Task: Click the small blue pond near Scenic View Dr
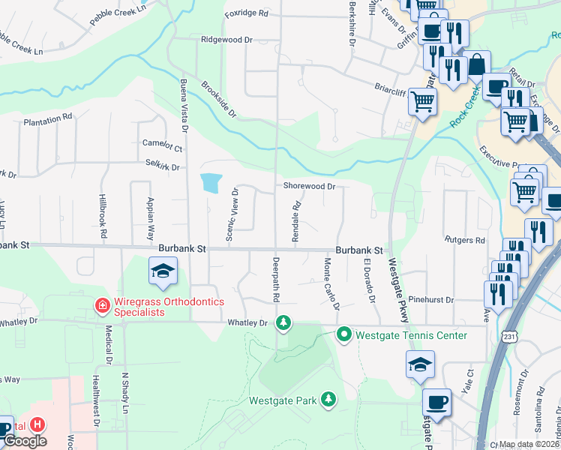pos(211,182)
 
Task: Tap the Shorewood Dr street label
pos(308,186)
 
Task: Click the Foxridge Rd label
pos(247,13)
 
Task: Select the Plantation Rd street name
pos(47,118)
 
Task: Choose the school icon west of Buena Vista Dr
pos(163,271)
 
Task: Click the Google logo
pos(25,441)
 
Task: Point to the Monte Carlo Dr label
pos(331,285)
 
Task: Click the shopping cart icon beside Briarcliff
pos(423,100)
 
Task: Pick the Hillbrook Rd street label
pos(103,216)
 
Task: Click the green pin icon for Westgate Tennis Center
pos(344,334)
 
